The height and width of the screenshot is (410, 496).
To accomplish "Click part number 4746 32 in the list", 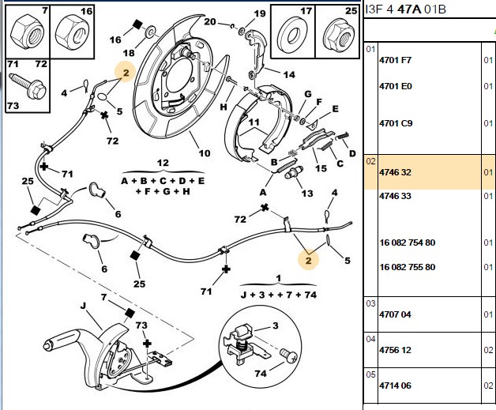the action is (395, 172).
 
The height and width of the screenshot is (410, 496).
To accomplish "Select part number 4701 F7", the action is (395, 60).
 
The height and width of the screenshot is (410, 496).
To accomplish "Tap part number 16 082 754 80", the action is (407, 243).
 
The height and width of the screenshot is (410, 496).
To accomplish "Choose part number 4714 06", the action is (395, 386).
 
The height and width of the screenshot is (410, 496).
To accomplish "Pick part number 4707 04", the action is (395, 314).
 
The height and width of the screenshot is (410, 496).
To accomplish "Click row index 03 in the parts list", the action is (370, 303).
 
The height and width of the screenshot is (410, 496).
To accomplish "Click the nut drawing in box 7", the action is (27, 32).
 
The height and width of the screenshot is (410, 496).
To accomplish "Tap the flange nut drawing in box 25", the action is (338, 36).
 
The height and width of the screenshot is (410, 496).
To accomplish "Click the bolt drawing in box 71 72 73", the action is (27, 86).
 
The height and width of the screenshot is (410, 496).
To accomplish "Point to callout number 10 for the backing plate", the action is (205, 153).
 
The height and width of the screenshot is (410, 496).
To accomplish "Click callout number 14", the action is (289, 75).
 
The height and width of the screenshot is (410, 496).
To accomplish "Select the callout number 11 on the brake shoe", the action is (254, 122).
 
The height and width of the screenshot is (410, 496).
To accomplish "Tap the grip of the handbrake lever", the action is (61, 339).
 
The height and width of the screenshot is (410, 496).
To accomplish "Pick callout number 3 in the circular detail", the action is (275, 325).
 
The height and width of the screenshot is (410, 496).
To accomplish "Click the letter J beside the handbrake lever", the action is (83, 306).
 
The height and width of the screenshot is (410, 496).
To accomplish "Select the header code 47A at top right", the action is (409, 9).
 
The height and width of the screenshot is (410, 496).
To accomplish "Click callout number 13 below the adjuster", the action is (306, 193).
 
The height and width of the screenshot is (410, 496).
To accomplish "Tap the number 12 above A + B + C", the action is (163, 163).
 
